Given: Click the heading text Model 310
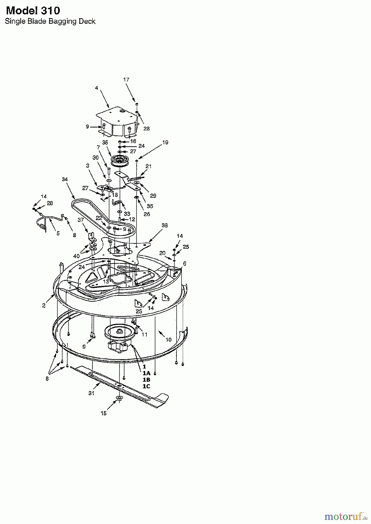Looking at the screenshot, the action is coord(33,11).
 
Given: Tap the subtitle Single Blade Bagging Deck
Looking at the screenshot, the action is coord(50,21).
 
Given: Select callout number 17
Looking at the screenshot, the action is coord(126,79).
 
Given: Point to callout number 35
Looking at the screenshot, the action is coord(105,142).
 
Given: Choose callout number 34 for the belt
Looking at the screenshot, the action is coord(65,179).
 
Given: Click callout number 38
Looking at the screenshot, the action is coord(165,225).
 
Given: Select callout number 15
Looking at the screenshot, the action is coord(104,413).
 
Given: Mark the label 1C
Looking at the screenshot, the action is coord(146,386).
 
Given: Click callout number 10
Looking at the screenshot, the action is coord(169,339).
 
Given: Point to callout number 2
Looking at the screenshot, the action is coord(44,306).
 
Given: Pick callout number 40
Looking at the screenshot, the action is coord(77,256).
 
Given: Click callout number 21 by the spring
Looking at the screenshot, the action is coord(148,166).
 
